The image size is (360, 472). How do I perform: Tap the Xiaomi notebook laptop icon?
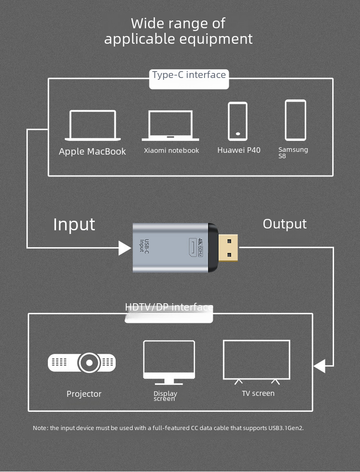170,139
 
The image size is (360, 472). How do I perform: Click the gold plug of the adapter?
228,248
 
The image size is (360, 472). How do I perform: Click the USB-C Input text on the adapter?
144,246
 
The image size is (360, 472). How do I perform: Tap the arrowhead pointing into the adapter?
124,248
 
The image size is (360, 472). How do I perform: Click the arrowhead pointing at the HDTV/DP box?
319,366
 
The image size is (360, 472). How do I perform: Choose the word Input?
74,224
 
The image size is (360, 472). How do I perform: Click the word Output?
285,224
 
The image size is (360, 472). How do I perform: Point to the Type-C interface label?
189,75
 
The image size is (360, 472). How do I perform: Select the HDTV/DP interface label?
169,307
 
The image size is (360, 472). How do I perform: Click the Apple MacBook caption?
93,151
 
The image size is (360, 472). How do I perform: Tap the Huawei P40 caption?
239,150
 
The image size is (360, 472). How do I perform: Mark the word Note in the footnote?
40,428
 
